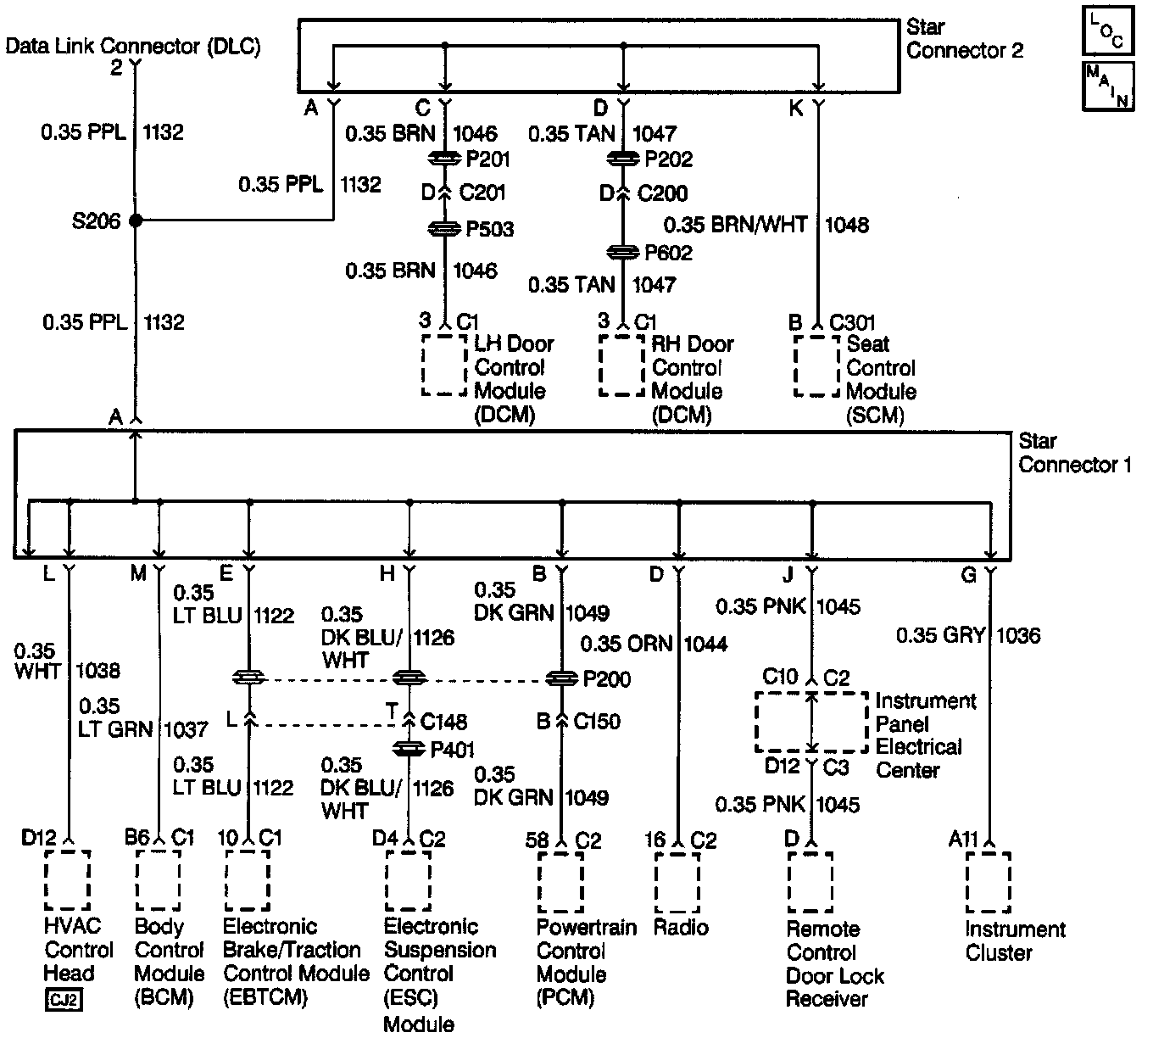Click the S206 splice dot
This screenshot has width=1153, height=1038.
(135, 220)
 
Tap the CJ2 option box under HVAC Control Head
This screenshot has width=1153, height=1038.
(64, 1001)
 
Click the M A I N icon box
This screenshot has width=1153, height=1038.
(1107, 86)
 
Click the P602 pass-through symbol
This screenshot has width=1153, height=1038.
(623, 253)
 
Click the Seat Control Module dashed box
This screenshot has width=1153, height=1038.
(816, 366)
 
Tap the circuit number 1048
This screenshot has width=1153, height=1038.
(846, 225)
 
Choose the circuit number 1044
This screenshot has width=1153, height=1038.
(705, 645)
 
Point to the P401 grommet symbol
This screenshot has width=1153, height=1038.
(409, 750)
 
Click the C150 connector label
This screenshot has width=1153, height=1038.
(597, 722)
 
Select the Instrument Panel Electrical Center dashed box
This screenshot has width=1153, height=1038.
(811, 722)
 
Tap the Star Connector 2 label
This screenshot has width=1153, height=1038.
(964, 39)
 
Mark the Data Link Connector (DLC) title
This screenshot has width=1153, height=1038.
(133, 46)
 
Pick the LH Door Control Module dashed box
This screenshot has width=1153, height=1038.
(444, 366)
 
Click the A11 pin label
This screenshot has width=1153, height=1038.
(963, 840)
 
